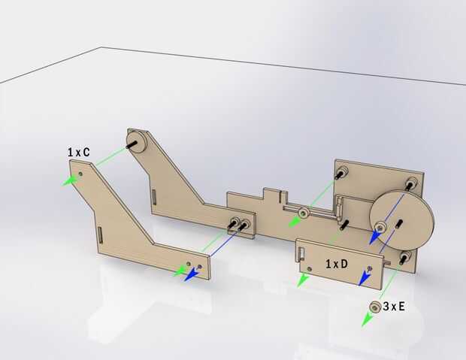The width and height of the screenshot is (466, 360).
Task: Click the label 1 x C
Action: pyautogui.click(x=78, y=153)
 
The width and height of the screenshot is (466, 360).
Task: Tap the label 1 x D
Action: pyautogui.click(x=337, y=264)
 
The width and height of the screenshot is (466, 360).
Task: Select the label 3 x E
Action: pyautogui.click(x=394, y=306)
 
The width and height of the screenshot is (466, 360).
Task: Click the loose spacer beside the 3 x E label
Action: pyautogui.click(x=375, y=307)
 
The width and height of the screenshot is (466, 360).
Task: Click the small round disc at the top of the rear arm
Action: pyautogui.click(x=137, y=142)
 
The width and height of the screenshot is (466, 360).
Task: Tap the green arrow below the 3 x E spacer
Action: pyautogui.click(x=367, y=320)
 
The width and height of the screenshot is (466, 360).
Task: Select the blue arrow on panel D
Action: pyautogui.click(x=364, y=279)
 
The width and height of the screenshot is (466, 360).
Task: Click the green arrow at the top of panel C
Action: pyautogui.click(x=71, y=180)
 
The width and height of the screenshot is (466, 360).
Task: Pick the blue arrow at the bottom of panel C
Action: pyautogui.click(x=192, y=274)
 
